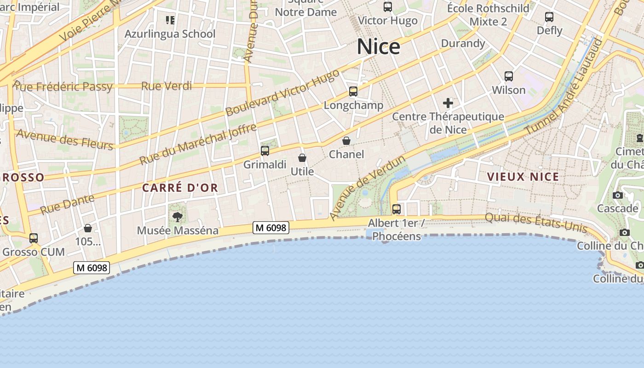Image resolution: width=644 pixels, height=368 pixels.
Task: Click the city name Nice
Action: point(379,47)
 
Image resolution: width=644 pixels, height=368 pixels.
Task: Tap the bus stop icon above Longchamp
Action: point(353,91)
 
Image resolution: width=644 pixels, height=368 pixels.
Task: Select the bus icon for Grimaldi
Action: point(265,150)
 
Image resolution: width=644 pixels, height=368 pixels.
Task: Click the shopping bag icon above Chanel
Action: point(346,141)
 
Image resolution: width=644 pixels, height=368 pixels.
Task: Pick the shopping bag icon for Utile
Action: point(302,158)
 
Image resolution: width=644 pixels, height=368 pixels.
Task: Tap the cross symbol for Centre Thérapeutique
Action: point(448,103)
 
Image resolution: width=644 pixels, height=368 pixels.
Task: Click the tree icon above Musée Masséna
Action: point(177,216)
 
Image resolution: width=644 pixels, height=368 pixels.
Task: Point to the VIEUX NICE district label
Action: point(523,177)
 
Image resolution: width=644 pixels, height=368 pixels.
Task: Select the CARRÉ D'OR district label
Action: point(180,188)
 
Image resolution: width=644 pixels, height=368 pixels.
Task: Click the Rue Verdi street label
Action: point(160,86)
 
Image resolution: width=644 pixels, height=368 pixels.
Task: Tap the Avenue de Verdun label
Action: point(368,188)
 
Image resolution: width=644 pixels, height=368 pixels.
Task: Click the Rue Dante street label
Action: point(67,204)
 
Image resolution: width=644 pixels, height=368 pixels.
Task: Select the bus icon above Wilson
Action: point(509,76)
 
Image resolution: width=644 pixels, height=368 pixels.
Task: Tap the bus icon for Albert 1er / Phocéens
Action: point(397,209)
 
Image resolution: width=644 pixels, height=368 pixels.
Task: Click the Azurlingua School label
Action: point(170,34)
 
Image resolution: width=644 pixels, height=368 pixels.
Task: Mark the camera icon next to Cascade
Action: point(618,195)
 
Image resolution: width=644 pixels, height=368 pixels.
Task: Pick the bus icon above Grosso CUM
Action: point(34,238)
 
